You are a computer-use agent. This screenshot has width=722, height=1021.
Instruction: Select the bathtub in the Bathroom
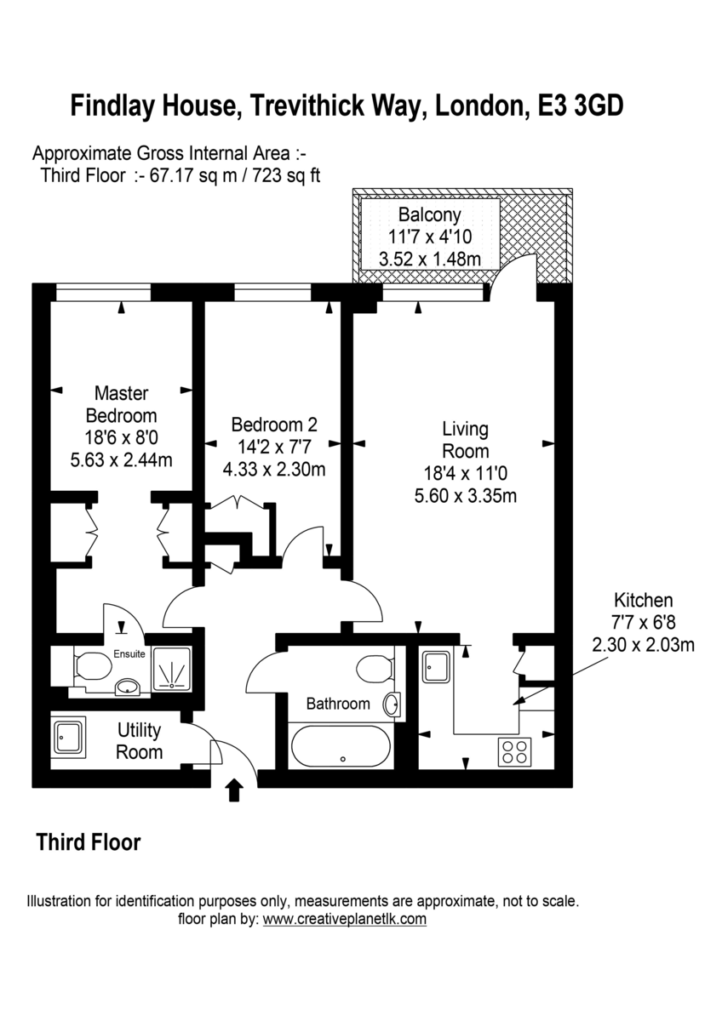[341, 747]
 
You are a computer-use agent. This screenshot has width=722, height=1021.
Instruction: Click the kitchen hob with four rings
[513, 750]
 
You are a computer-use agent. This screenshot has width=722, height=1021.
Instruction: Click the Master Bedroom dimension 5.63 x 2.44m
[121, 460]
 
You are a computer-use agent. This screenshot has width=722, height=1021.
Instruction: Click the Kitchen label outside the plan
[644, 600]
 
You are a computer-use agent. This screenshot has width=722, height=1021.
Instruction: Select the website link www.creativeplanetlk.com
[344, 919]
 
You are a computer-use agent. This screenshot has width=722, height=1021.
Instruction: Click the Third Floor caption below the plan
[88, 842]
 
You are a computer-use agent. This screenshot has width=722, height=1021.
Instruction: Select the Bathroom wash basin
[391, 704]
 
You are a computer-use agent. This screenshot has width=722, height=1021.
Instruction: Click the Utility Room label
[139, 741]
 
